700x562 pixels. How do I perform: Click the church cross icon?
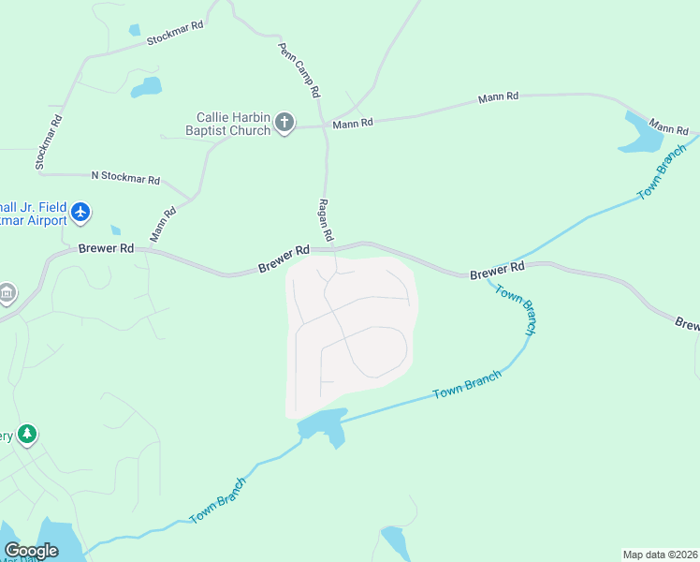[284, 123]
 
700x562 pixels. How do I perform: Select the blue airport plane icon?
[80, 213]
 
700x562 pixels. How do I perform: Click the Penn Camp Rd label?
[299, 70]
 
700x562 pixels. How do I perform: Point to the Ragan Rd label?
[326, 220]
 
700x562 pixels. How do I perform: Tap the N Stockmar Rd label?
[125, 176]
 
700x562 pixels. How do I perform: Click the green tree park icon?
[28, 434]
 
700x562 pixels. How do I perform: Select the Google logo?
[31, 551]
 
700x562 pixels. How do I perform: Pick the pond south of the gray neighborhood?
[322, 426]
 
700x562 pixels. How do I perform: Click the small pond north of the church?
[146, 88]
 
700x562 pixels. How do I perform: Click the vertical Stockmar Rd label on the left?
[49, 142]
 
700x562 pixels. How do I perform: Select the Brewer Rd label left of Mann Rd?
[107, 249]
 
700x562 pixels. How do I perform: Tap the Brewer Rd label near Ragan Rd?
[284, 259]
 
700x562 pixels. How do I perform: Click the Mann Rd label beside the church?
[353, 123]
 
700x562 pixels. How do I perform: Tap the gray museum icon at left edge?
[7, 294]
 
